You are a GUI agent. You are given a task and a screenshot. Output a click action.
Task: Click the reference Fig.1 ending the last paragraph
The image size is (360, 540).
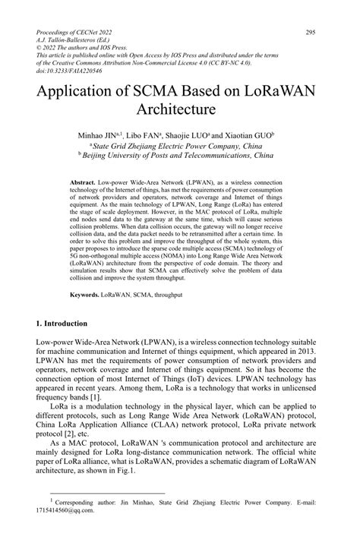124,470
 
